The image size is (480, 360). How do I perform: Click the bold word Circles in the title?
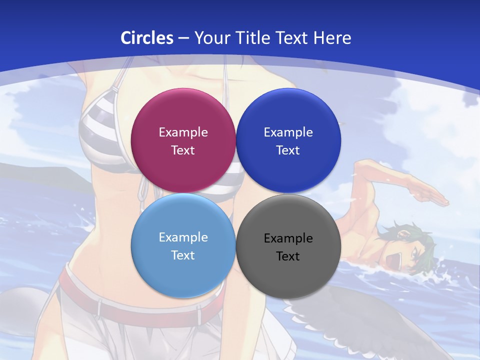tap(146, 38)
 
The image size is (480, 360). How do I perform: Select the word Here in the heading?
tap(332, 38)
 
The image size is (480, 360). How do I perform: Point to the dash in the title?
tap(183, 38)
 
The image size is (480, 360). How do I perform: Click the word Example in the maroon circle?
tap(183, 132)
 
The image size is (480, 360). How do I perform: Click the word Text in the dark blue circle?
tap(288, 150)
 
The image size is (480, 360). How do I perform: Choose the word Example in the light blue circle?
tap(183, 237)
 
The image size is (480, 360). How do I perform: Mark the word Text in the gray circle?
tap(288, 256)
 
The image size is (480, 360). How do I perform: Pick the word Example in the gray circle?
tap(288, 238)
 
